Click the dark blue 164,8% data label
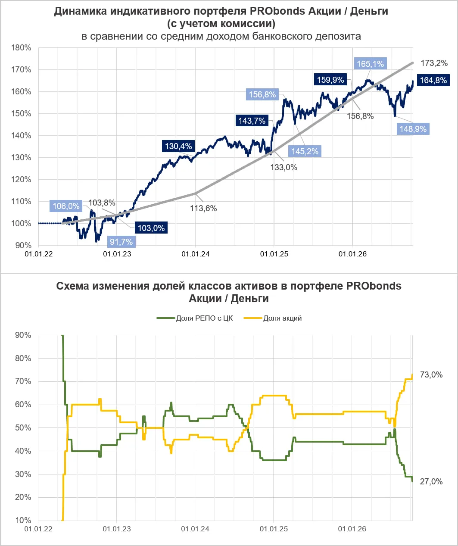(433, 80)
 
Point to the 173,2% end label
(434, 63)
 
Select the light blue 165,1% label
(370, 64)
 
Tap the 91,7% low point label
(122, 242)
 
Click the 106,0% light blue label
(66, 206)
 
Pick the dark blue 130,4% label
(178, 146)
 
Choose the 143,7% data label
(252, 121)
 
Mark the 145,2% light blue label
(305, 151)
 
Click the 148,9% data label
(413, 129)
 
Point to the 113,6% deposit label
(203, 209)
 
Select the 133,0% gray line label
(284, 167)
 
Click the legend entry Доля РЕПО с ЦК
(195, 318)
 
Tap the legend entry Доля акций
(273, 318)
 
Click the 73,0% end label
(431, 375)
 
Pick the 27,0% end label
(431, 481)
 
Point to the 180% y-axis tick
(21, 47)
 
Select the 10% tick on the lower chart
(23, 520)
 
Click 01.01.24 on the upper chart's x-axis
(196, 254)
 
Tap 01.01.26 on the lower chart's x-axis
(352, 529)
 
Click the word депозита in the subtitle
(338, 36)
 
